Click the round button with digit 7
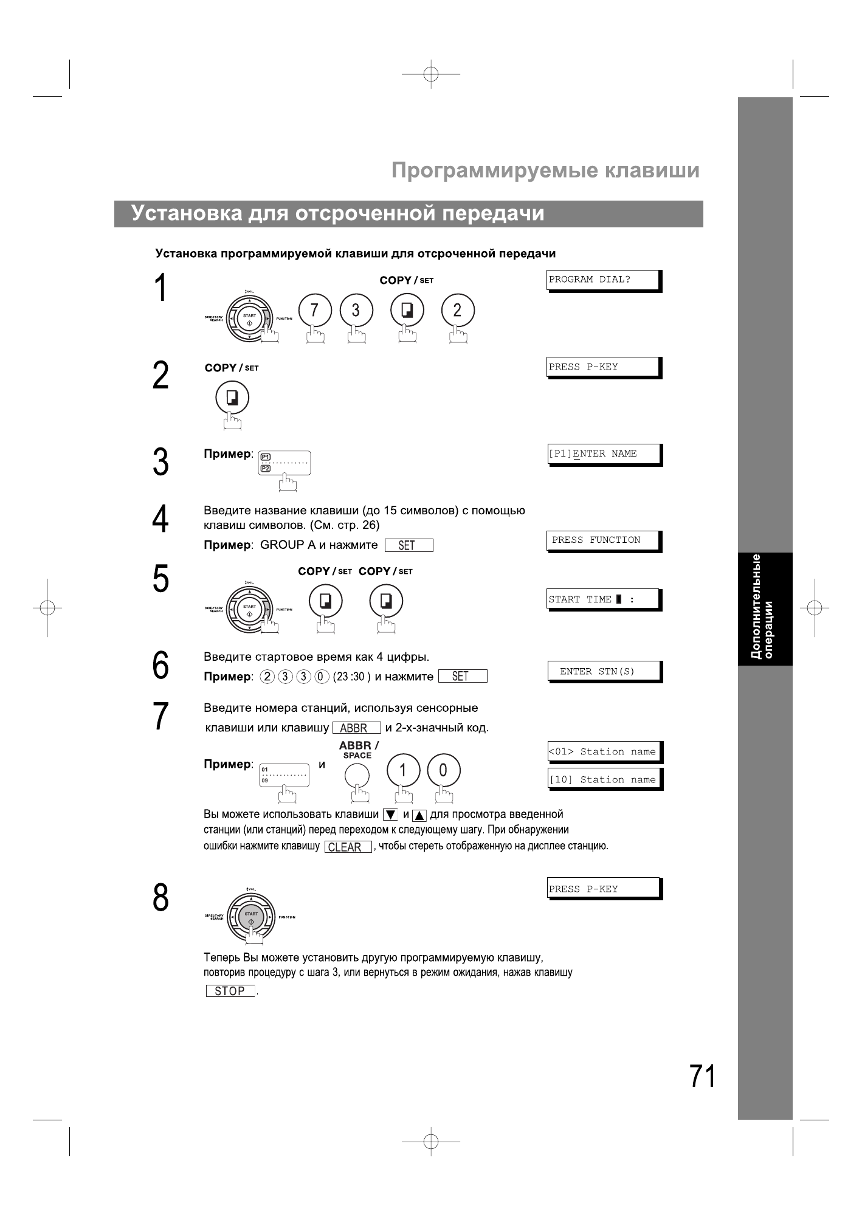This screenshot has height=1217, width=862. (314, 311)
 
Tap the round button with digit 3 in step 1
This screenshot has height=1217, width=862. (356, 311)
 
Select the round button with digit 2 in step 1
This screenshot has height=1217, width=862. (457, 311)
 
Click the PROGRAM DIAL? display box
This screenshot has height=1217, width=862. (603, 280)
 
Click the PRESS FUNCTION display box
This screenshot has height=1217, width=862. (603, 540)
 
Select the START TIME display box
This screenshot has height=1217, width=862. (603, 599)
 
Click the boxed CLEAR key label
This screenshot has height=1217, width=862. (348, 847)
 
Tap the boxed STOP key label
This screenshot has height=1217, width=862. (230, 991)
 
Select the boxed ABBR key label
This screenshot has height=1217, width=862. (356, 728)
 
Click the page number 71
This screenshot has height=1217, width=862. (702, 1077)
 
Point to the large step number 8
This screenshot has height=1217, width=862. (160, 898)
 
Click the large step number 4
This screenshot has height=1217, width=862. (160, 519)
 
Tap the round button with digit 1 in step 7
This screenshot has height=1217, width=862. (402, 771)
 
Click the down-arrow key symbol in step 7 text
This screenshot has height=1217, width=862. (390, 815)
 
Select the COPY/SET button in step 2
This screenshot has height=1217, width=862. (232, 398)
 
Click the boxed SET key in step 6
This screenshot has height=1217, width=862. (462, 676)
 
